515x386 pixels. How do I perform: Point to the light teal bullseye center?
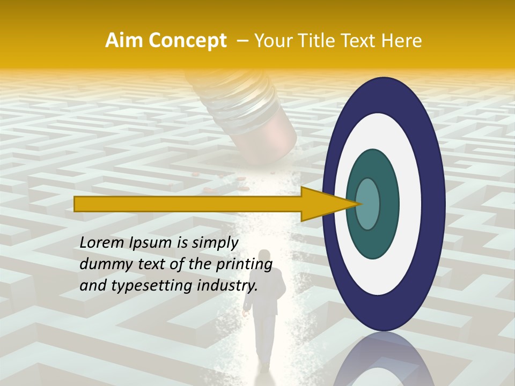(368, 204)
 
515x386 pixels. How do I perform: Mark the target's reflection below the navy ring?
(383, 359)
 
